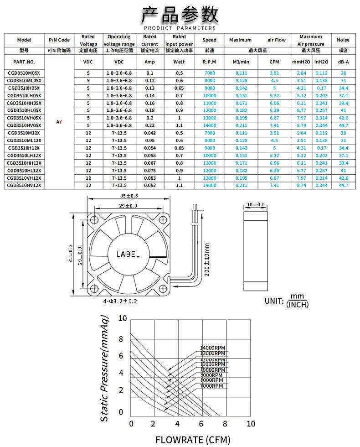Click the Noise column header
(343, 40)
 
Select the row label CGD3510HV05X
(24, 125)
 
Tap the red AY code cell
(59, 122)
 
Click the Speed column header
(209, 40)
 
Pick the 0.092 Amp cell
(150, 185)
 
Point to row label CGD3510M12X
(24, 133)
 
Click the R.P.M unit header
(209, 62)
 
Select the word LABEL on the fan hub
(128, 254)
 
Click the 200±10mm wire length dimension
(207, 260)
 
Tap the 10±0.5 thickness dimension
(256, 204)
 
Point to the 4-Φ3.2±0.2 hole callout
(120, 301)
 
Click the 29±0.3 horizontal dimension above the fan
(128, 206)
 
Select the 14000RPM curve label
(213, 348)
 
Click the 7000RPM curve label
(211, 386)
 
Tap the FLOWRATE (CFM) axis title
(193, 440)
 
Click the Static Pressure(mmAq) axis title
(104, 369)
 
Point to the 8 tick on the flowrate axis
(225, 424)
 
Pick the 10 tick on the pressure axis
(123, 318)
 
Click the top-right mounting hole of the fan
(163, 219)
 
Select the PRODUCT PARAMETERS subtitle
(180, 28)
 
